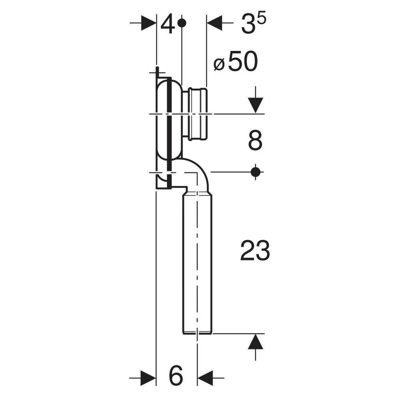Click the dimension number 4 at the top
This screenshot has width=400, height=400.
pos(168,25)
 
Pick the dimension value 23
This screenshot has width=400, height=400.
pos(255,251)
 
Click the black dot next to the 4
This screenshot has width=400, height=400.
pos(182,23)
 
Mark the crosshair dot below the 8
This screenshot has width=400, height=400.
pos(255,172)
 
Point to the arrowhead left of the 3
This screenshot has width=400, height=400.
pos(214,23)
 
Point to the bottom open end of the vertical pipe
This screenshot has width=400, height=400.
pos(197,332)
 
